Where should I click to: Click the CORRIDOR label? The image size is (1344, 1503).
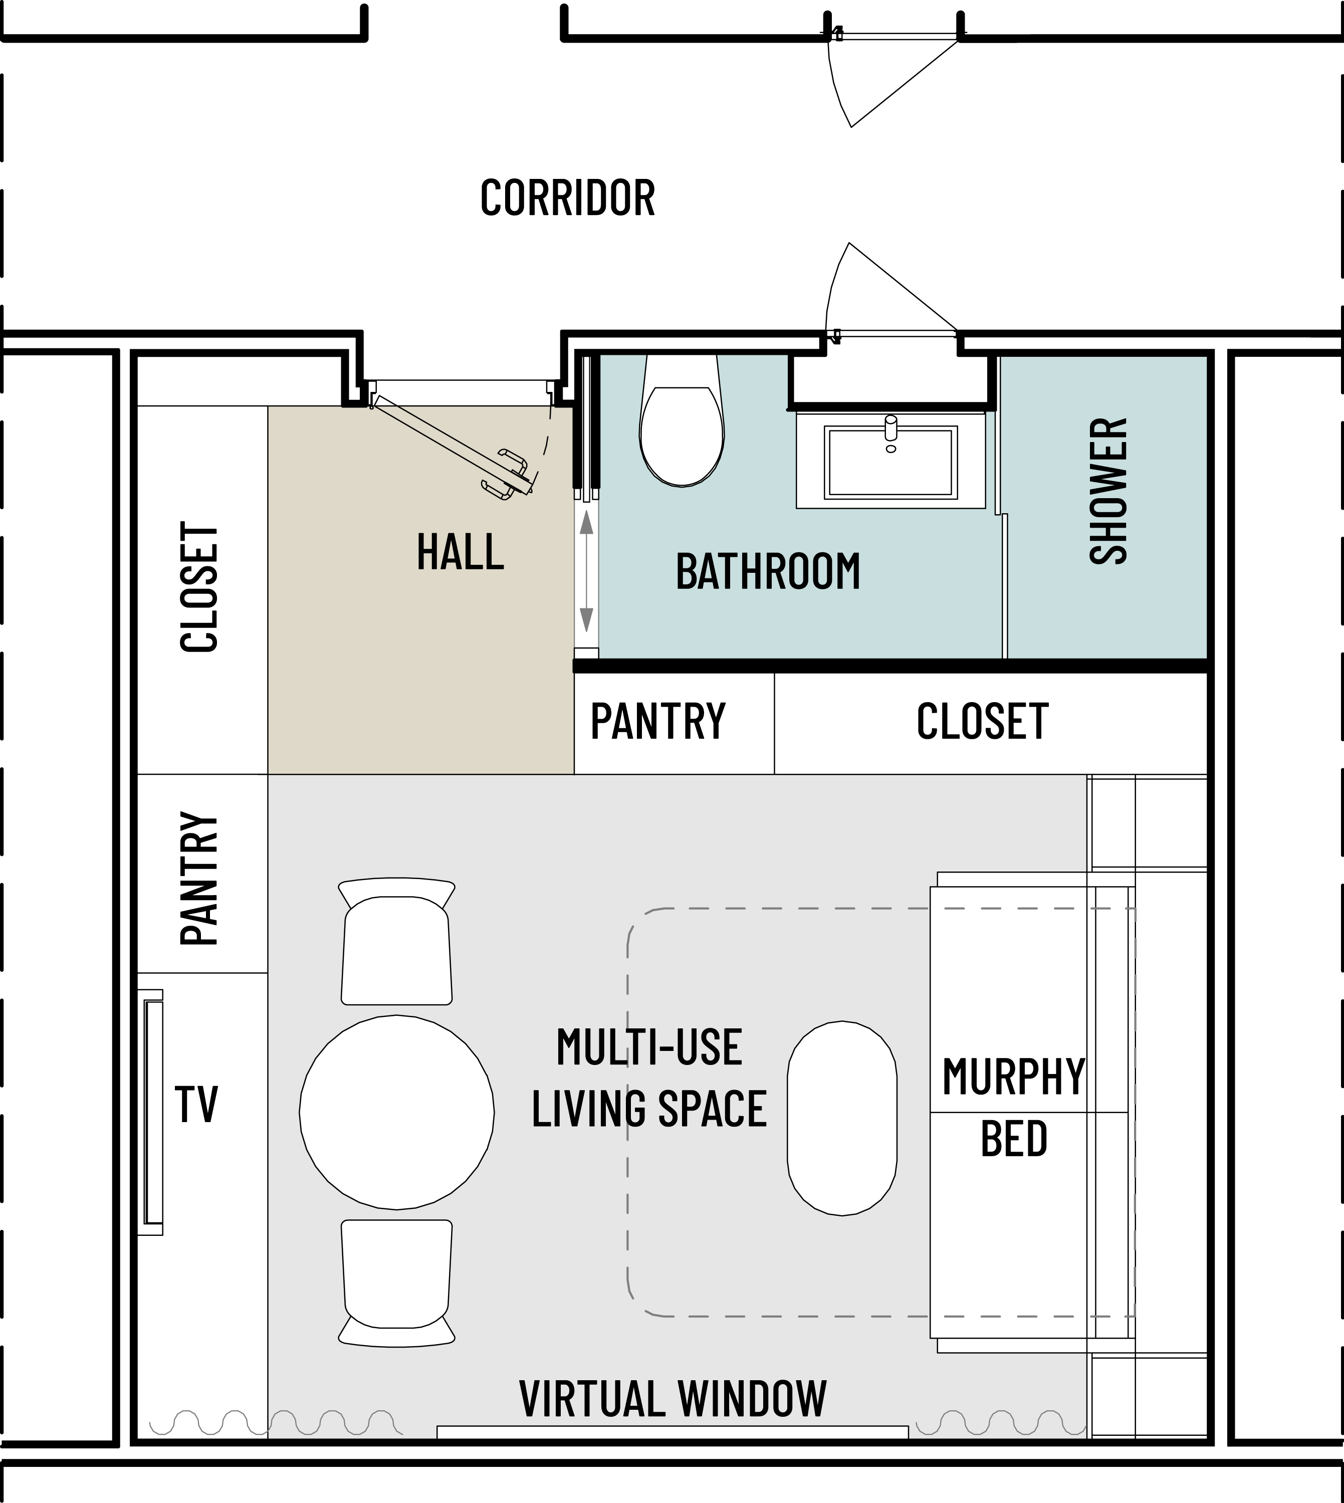568,198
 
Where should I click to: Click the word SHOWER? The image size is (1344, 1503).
1108,491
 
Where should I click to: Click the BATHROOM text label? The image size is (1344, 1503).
768,572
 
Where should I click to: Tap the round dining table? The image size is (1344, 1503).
396,1112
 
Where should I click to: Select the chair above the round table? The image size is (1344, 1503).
396,941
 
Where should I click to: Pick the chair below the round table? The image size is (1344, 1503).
396,1283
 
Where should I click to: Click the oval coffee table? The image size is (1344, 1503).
842,1118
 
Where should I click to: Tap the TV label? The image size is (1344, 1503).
196,1105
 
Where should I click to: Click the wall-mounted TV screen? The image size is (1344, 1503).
153,1112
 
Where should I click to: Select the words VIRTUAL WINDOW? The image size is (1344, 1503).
673,1399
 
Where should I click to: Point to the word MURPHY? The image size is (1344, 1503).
1013,1077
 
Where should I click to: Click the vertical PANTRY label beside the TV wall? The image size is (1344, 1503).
199,879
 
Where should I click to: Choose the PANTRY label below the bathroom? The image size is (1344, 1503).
658,722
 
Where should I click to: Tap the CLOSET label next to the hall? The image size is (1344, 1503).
199,587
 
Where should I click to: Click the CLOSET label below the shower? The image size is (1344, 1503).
982,722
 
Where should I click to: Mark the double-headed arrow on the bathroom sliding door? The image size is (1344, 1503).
586,572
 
